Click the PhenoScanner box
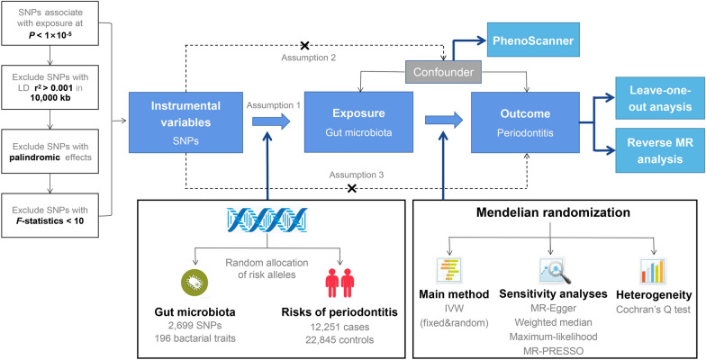pos(533,41)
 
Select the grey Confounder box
pos(443,72)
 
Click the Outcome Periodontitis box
pos(526,122)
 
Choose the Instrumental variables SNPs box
pos(186,122)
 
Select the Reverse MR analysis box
pos(660,150)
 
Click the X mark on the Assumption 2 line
pos(305,45)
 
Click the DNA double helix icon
pos(267,219)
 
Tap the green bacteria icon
pos(195,283)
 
